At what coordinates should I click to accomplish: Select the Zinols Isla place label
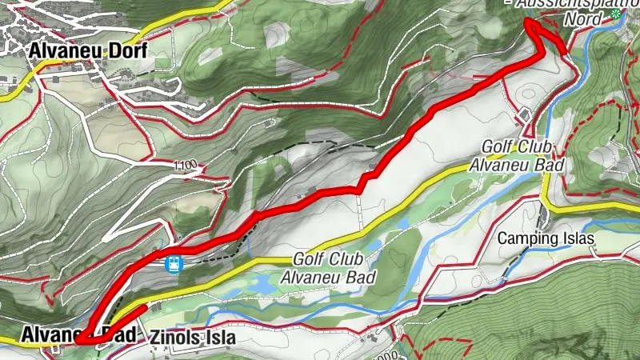click(193, 338)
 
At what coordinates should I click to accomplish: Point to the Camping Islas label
click(547, 238)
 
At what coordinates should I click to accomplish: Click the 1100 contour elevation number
click(183, 166)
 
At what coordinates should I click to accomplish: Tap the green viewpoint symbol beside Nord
click(614, 14)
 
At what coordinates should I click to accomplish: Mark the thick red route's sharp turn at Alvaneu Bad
click(80, 342)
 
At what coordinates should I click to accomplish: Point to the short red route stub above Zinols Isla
click(136, 310)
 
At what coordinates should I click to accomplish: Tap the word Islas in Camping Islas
click(578, 238)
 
